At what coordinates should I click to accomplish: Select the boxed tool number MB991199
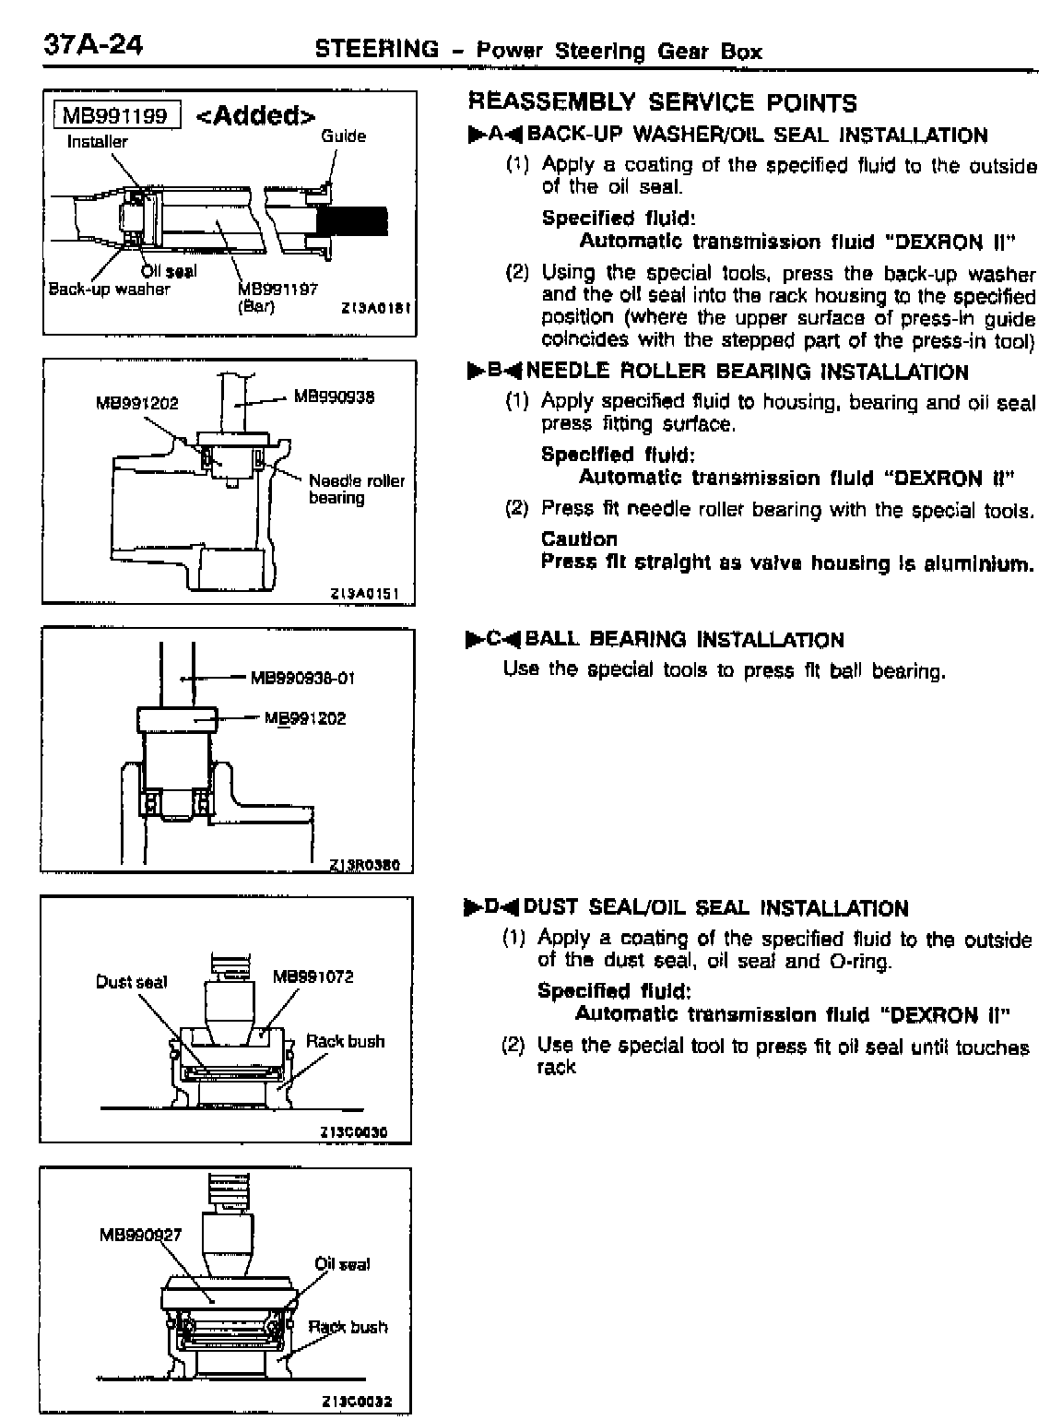coord(116,115)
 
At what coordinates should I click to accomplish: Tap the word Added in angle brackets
coord(257,115)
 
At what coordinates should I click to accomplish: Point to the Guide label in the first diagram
coord(343,136)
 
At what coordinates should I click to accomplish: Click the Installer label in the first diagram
coord(97,142)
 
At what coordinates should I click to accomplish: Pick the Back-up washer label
coord(109,289)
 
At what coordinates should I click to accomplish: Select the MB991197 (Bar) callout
coord(277,296)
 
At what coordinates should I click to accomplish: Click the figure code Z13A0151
coord(363,595)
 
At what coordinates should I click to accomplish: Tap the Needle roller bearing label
coord(356,489)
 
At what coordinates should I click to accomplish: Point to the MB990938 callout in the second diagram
coord(334,398)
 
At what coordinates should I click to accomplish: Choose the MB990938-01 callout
coord(302,679)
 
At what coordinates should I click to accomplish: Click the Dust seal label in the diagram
coord(131,982)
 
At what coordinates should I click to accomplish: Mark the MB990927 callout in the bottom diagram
coord(139,1235)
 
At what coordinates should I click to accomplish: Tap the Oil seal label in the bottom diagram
coord(342,1264)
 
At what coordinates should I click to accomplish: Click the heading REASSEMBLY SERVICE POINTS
coord(662,102)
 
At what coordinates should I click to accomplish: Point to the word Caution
coord(579,539)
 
